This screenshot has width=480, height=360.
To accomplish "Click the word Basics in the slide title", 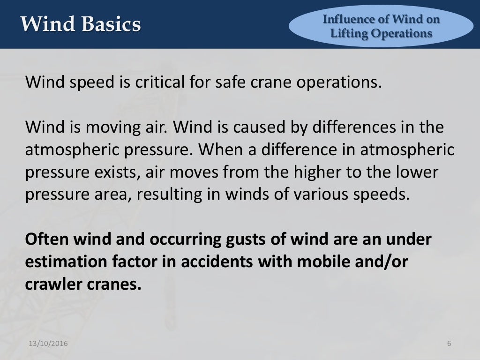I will (x=111, y=24).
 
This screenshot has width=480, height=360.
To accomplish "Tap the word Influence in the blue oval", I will (x=346, y=20).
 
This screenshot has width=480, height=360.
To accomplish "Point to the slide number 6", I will (x=449, y=344).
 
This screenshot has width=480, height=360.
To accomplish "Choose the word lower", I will (x=415, y=172).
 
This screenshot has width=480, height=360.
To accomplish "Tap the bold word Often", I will (x=46, y=239).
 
